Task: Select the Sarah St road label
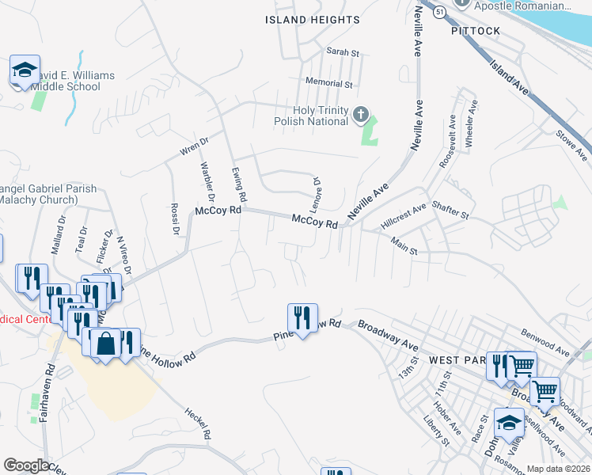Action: tap(343, 52)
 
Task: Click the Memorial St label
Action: tap(328, 82)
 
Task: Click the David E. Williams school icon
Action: tap(25, 70)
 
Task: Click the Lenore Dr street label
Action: tap(316, 192)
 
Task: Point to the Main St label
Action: tap(404, 249)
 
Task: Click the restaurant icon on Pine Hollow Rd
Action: tap(302, 317)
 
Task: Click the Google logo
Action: tap(26, 465)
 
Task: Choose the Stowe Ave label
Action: tap(573, 144)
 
